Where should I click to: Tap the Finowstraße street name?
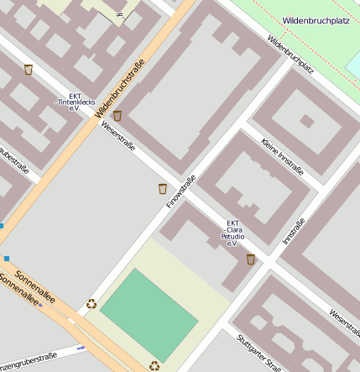click(x=180, y=191)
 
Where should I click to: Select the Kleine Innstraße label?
click(x=282, y=156)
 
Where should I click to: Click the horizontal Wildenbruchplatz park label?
click(x=315, y=19)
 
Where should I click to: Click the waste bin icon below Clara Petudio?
click(x=250, y=259)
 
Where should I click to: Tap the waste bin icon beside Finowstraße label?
click(x=162, y=189)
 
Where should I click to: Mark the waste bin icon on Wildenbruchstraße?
click(x=117, y=116)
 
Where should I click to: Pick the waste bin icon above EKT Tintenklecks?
click(x=29, y=70)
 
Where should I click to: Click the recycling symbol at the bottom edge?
click(x=154, y=365)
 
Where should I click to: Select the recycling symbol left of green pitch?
click(x=91, y=304)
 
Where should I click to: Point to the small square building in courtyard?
click(x=307, y=121)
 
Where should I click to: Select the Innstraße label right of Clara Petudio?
click(x=293, y=231)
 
